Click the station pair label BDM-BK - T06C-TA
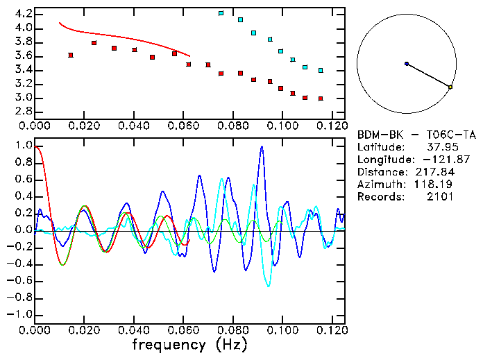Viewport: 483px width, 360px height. point(416,135)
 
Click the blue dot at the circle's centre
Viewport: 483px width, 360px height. point(407,64)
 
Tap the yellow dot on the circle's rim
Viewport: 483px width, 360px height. point(450,87)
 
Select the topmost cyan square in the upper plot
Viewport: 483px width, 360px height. point(221,13)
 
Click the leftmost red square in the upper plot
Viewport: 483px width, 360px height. point(71,55)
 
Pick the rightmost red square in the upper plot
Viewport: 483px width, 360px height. point(321,98)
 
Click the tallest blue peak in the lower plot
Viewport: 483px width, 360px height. point(262,147)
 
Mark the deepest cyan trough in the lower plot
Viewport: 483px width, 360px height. point(269,285)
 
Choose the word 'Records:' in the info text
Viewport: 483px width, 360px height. point(380,197)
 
